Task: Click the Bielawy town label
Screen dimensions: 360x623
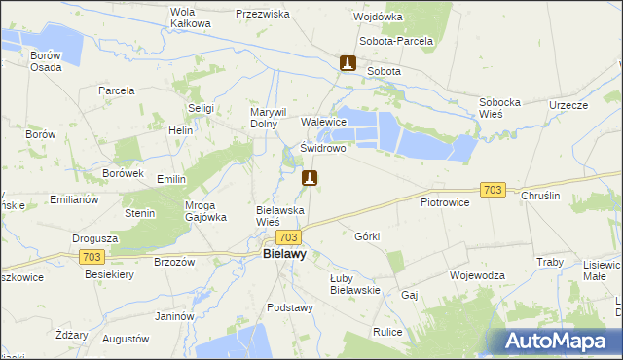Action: coord(284,254)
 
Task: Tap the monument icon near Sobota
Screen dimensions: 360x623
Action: coord(348,64)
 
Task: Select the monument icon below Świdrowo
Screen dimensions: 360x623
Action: coord(310,178)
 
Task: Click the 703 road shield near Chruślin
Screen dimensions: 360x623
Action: coord(494,190)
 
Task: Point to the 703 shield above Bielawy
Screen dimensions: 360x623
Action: coord(287,237)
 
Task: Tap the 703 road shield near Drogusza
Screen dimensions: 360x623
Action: coord(92,256)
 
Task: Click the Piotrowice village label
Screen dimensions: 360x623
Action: coord(445,202)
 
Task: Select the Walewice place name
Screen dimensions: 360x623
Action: coord(324,122)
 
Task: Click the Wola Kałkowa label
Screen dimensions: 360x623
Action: coord(190,18)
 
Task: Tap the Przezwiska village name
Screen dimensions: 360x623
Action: coord(263,15)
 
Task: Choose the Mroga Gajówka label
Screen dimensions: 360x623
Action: coord(206,210)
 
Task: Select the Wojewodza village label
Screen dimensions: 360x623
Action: coord(477,275)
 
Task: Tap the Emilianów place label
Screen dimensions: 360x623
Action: coord(74,198)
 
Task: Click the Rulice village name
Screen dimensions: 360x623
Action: coord(387,332)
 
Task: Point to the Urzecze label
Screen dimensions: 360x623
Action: coord(568,105)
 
